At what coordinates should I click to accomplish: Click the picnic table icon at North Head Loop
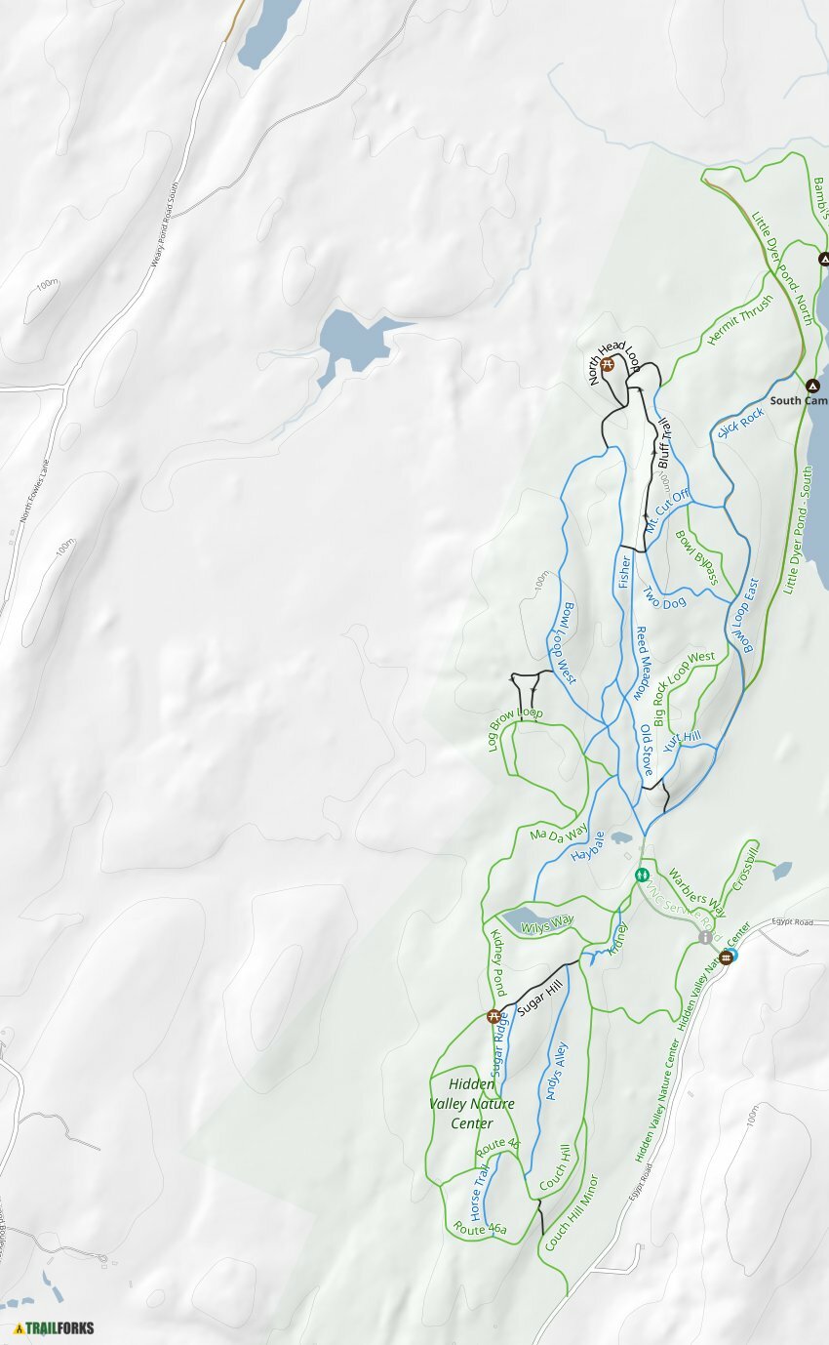(607, 365)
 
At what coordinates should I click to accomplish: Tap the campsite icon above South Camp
(812, 385)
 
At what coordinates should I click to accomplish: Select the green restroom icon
(642, 875)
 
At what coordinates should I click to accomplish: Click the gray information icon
(705, 937)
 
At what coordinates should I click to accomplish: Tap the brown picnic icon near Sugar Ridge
(493, 1016)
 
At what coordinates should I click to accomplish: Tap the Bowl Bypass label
(696, 557)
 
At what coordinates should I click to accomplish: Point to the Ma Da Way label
(558, 833)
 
